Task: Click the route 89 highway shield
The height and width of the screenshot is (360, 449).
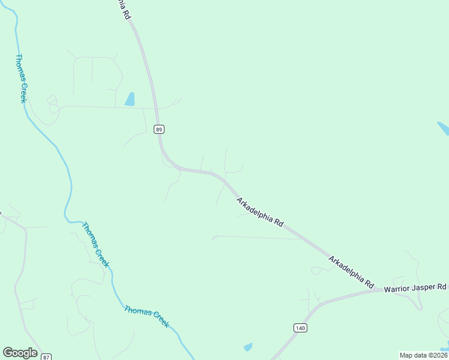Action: [x=159, y=129]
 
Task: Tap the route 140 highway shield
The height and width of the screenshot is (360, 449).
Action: [x=300, y=328]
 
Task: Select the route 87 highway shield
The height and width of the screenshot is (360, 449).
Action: [x=47, y=356]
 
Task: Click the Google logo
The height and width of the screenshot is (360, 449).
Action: [x=20, y=353]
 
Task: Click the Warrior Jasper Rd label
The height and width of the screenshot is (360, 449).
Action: [x=415, y=289]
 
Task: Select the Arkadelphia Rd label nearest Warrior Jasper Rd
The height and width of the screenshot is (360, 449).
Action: [x=351, y=271]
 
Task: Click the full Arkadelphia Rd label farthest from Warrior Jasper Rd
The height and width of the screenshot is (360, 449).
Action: [x=259, y=212]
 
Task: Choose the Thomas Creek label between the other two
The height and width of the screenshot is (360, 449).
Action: [x=95, y=245]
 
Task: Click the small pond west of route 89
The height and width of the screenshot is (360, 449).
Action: [x=130, y=99]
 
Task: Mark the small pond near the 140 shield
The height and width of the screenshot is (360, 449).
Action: [x=248, y=347]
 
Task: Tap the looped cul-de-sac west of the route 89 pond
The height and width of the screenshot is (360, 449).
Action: [x=52, y=103]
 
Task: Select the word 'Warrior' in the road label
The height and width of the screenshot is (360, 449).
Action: [x=398, y=289]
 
